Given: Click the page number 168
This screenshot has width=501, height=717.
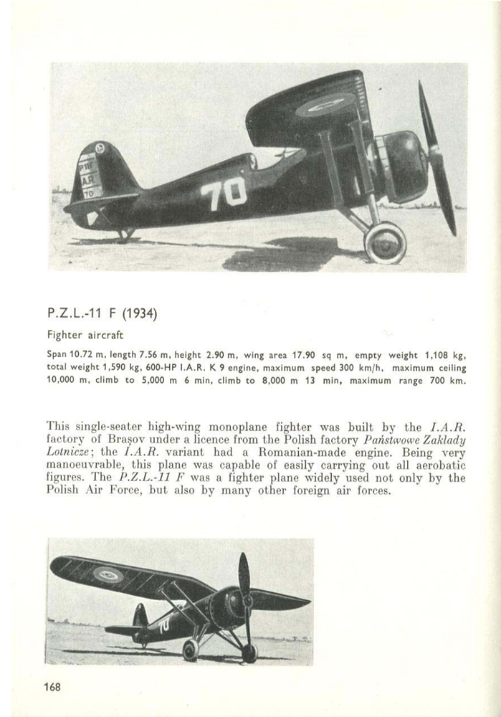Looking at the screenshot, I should pyautogui.click(x=52, y=687).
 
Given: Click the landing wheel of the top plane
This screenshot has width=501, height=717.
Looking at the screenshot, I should pyautogui.click(x=385, y=242).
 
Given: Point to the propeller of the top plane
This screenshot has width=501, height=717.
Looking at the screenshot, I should pyautogui.click(x=436, y=158).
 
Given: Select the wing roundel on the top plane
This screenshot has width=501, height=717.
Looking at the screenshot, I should pyautogui.click(x=326, y=105).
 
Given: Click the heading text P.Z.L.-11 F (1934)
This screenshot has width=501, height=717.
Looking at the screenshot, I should pyautogui.click(x=101, y=313).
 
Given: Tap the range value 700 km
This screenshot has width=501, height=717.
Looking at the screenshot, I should pyautogui.click(x=449, y=381).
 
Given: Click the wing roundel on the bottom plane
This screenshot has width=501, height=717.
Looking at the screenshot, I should pyautogui.click(x=108, y=574).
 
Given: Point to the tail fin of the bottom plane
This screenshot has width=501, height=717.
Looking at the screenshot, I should pyautogui.click(x=140, y=615).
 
